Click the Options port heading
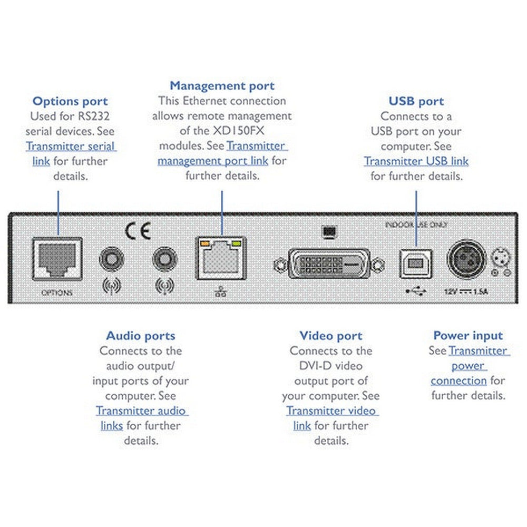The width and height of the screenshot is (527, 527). coord(70,101)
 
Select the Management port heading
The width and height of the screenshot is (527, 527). coord(222,86)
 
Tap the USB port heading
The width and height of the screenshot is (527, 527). coord(416,101)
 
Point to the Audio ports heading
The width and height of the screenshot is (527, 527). coord(141,336)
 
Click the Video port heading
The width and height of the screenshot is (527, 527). coord(331,336)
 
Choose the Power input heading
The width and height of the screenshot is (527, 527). coord(468,336)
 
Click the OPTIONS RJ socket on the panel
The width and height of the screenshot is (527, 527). coord(57,258)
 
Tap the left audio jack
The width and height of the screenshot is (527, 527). coord(111,260)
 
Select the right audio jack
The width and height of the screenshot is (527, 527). coord(164,260)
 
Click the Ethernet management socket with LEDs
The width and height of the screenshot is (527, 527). coord(222,258)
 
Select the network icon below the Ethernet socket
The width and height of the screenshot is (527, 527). coord(221,291)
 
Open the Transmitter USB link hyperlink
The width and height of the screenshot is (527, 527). coord(416,161)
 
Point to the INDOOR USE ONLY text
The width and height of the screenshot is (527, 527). coord(416,225)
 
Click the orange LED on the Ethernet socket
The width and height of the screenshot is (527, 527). coord(203,243)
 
